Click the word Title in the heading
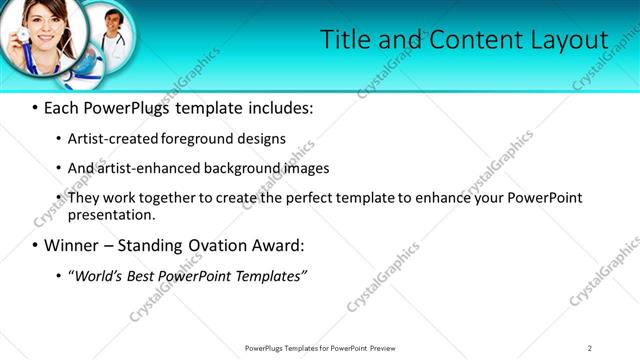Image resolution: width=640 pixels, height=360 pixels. (x=344, y=40)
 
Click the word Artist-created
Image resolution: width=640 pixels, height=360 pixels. (x=112, y=139)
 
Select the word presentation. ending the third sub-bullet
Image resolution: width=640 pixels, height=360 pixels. (x=112, y=214)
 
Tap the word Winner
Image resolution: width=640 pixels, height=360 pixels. (x=71, y=245)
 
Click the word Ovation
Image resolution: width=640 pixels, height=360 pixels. (x=210, y=245)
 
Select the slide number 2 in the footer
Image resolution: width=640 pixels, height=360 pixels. (x=589, y=348)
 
